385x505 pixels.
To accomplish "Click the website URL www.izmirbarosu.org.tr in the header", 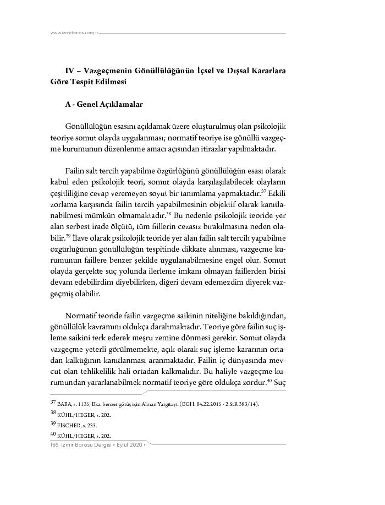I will [73, 33].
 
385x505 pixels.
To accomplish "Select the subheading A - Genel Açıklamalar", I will [104, 104].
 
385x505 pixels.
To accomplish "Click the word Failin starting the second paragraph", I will [76, 170].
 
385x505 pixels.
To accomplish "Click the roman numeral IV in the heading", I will [70, 71].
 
